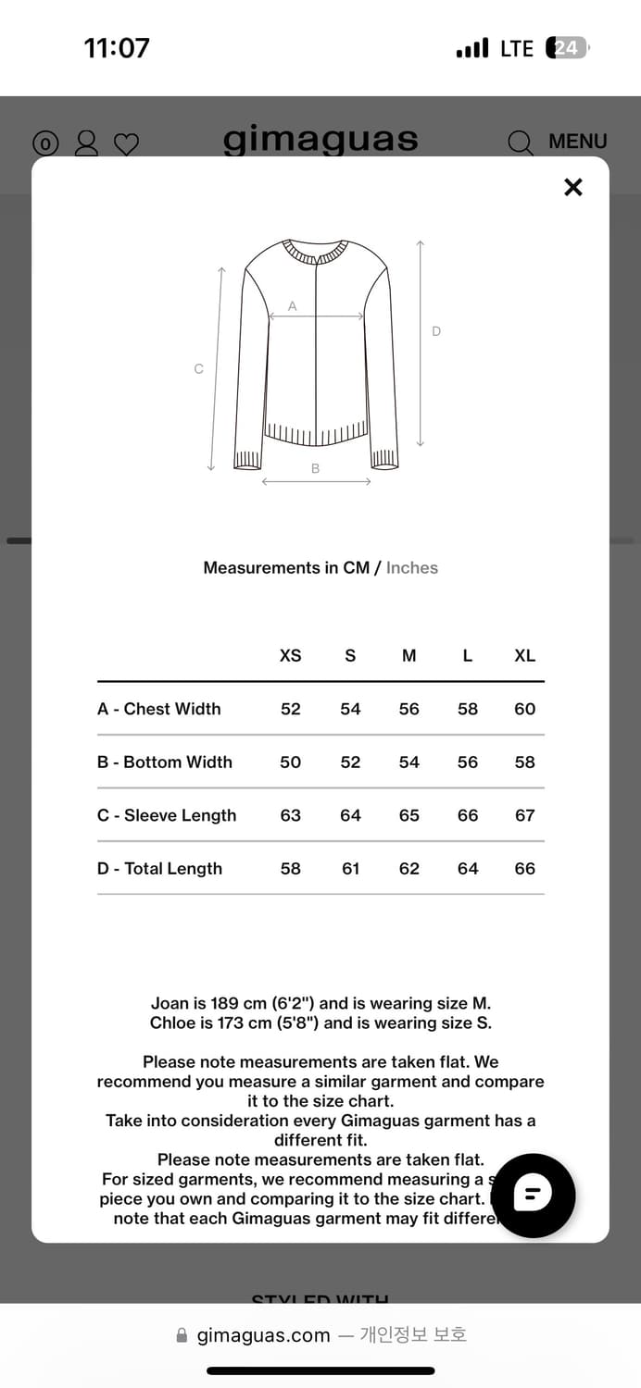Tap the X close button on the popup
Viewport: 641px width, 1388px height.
coord(573,187)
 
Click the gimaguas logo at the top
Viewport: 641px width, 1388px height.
coord(320,140)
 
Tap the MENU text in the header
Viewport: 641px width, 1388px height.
coord(577,142)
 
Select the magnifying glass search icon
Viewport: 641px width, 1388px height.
coord(521,143)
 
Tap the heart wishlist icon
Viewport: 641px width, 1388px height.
coord(126,143)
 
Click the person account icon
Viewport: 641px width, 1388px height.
coord(86,143)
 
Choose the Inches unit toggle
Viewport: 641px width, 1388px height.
coord(412,568)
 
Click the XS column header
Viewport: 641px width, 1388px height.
coord(290,655)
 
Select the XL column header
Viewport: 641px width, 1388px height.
coord(524,655)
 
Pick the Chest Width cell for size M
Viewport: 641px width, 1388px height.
coord(408,709)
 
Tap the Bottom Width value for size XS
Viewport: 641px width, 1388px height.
coord(290,762)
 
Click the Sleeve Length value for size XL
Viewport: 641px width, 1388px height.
coord(524,815)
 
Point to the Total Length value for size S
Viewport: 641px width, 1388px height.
coord(350,869)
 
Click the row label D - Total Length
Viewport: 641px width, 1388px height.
coord(159,869)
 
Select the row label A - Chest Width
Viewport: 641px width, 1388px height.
coord(159,709)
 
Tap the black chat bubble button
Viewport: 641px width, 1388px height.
coord(533,1196)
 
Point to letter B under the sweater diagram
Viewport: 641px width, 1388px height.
coord(315,469)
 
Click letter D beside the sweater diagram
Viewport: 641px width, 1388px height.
coord(436,331)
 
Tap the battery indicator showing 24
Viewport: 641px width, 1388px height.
coord(568,48)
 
